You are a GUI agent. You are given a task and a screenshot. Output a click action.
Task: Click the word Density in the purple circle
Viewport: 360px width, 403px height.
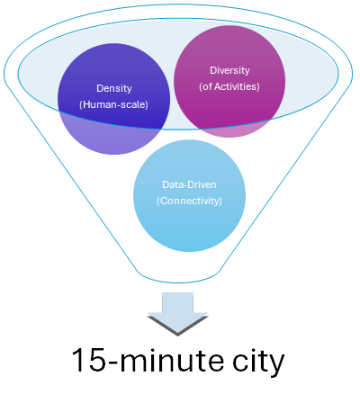click(114, 88)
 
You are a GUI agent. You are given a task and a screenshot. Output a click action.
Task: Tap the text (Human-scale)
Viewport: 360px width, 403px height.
click(113, 104)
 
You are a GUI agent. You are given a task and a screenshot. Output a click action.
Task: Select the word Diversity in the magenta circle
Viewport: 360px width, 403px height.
click(229, 70)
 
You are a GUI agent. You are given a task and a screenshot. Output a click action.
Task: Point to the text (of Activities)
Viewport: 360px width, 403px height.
click(229, 86)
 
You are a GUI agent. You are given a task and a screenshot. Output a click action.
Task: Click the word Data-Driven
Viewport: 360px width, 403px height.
click(189, 184)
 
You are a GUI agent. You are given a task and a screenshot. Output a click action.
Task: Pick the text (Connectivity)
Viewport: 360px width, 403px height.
click(189, 201)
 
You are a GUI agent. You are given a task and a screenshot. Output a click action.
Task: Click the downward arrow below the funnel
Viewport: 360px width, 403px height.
click(177, 314)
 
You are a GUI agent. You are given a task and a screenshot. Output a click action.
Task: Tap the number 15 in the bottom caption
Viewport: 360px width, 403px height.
click(89, 360)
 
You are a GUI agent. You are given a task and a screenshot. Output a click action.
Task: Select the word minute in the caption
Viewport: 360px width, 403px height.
click(172, 360)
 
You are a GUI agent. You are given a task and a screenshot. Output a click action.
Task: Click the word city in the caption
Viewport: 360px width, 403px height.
click(258, 362)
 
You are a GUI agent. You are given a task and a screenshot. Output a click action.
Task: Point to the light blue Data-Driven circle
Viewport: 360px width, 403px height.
click(189, 195)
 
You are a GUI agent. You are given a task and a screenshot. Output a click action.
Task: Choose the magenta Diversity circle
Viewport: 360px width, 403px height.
click(229, 81)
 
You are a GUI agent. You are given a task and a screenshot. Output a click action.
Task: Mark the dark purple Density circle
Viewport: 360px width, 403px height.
click(114, 99)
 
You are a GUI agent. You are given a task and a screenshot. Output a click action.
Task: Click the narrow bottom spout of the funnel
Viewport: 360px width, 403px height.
click(179, 277)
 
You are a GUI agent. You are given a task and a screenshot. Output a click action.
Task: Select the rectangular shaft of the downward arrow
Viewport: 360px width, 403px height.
click(177, 303)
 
